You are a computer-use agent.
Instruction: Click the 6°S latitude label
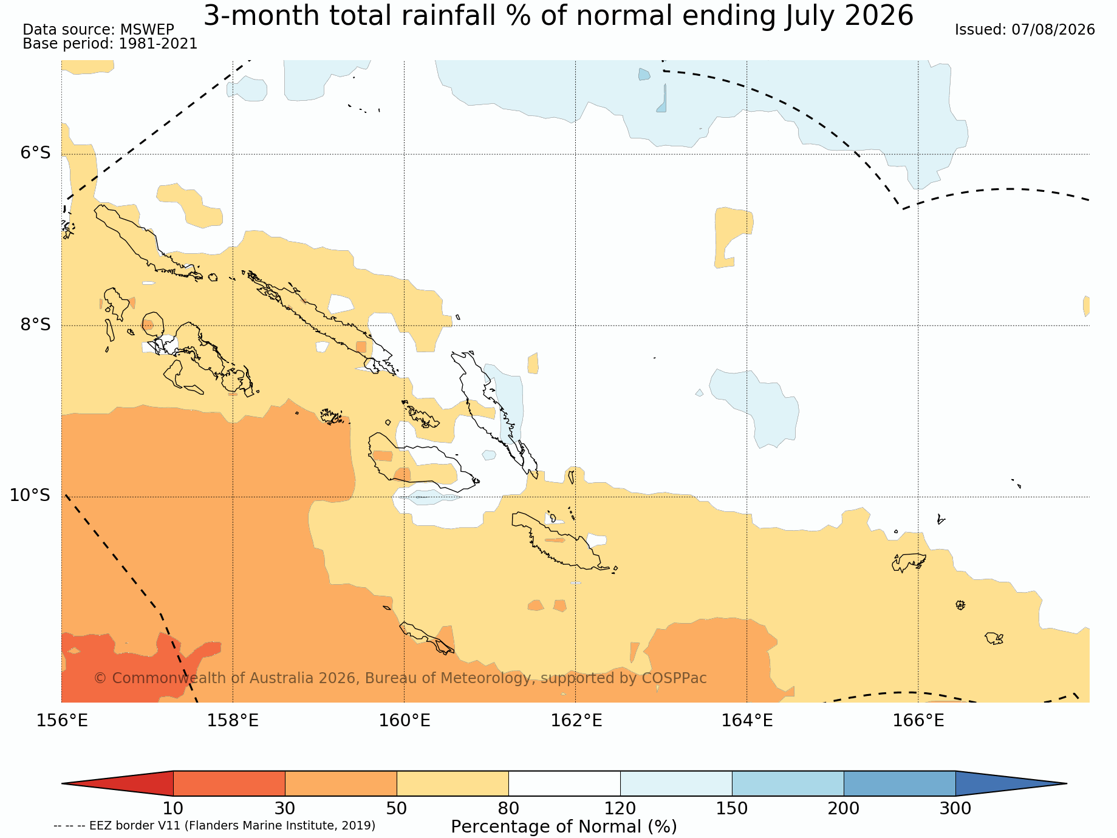(36, 152)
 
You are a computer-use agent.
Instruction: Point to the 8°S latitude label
(36, 324)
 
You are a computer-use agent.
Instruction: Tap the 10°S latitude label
(30, 496)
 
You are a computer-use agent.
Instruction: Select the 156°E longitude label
(62, 721)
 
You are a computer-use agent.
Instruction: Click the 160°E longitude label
(405, 721)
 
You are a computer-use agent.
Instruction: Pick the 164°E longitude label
(747, 721)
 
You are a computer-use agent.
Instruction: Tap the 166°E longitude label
(918, 721)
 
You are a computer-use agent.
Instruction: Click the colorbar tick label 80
(508, 809)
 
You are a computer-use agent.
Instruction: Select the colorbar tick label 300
(955, 809)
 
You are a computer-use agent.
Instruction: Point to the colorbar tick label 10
(173, 809)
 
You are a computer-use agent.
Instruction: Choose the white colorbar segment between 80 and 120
(564, 783)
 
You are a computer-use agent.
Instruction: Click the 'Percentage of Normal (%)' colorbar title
(564, 827)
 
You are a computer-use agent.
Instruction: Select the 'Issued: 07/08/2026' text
(1025, 30)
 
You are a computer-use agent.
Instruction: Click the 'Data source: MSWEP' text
(98, 30)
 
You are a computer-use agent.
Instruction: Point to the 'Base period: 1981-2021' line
(110, 44)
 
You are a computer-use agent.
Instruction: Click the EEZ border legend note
(214, 826)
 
